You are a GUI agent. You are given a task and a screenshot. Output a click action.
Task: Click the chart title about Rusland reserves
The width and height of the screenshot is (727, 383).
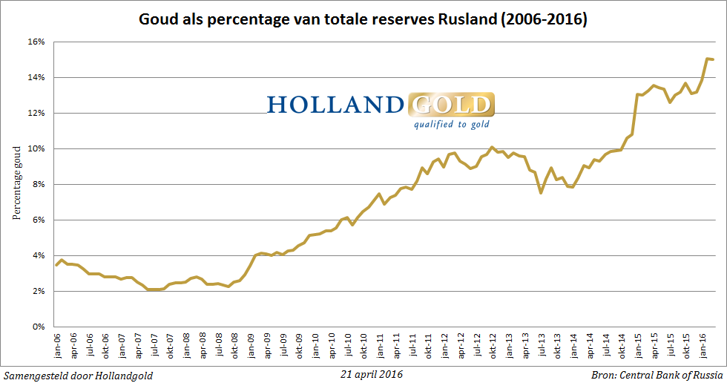coord(363,20)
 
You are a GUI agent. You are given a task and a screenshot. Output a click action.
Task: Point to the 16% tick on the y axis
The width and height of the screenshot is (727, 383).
coord(37,42)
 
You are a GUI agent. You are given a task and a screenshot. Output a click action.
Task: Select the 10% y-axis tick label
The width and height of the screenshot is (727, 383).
coord(37,149)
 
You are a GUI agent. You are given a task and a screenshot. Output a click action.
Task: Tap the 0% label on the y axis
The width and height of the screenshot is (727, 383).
coord(39,327)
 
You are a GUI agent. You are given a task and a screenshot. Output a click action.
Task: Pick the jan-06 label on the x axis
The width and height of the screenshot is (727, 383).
coord(56,347)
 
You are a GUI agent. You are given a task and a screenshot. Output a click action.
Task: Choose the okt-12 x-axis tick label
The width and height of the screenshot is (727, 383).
coord(491,347)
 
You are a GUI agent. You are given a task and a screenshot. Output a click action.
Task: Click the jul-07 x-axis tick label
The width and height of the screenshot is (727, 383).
coord(155,347)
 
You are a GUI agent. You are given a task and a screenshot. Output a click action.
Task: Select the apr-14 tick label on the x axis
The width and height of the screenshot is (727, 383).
coord(590,347)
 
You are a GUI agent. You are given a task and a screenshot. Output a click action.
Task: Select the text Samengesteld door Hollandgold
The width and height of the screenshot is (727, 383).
coord(78,375)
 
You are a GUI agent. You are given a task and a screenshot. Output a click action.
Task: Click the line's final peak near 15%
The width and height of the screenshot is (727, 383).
coord(707,59)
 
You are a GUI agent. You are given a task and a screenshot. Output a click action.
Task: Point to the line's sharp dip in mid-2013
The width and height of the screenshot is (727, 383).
coord(541,193)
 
